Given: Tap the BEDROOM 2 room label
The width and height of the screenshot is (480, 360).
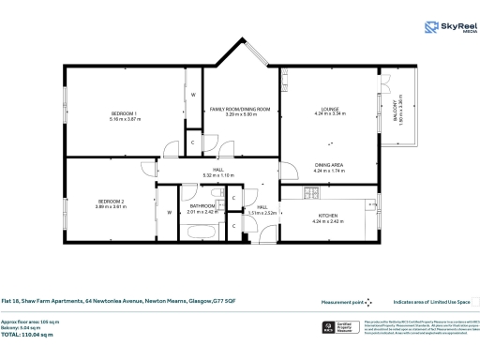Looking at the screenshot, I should (111, 202).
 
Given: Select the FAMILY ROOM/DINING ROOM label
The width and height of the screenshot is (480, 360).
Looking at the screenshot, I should (240, 109).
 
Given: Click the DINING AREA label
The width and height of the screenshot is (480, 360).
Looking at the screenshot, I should (330, 166).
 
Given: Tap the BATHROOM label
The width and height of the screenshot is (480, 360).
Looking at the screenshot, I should (202, 206).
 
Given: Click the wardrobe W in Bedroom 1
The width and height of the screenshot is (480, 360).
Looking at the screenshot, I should (193, 96).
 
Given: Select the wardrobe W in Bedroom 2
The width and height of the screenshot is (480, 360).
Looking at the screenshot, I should (169, 213).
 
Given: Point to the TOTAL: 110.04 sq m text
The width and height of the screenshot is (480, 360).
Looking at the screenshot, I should (30, 334).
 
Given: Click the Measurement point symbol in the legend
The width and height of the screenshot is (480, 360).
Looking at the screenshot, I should (368, 302).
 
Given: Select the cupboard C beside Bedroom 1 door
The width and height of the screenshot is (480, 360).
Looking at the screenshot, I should (192, 142).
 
